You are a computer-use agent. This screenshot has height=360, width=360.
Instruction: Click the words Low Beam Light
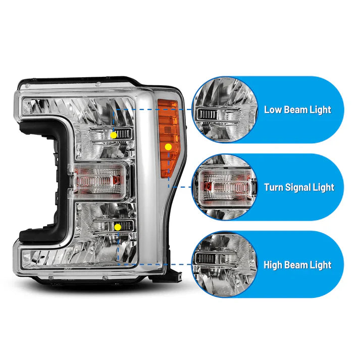pyautogui.click(x=297, y=110)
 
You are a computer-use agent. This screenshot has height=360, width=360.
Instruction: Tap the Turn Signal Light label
pyautogui.click(x=299, y=187)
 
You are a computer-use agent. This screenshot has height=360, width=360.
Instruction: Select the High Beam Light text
pyautogui.click(x=297, y=265)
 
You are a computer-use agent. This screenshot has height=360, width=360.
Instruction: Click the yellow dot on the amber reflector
pyautogui.click(x=168, y=146)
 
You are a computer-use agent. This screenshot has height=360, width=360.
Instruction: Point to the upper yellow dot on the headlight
pyautogui.click(x=114, y=135)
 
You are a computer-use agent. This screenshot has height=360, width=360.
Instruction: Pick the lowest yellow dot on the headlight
pyautogui.click(x=117, y=227)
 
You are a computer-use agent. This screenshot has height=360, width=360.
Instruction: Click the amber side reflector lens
pyautogui.click(x=168, y=136)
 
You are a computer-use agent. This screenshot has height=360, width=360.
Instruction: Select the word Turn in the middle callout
pyautogui.click(x=274, y=187)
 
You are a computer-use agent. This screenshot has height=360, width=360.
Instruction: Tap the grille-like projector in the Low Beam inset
pyautogui.click(x=208, y=114)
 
